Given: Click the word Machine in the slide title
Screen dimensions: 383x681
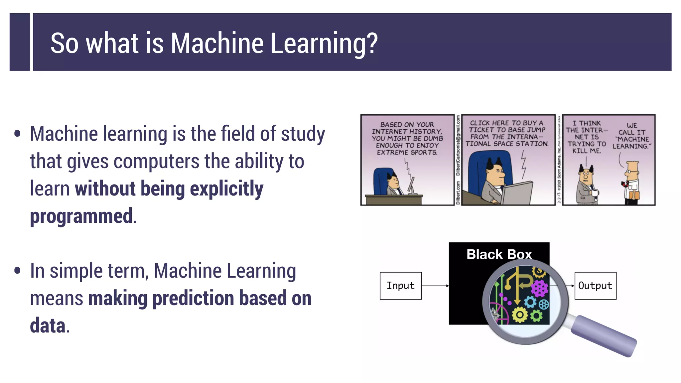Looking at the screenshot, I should (217, 43).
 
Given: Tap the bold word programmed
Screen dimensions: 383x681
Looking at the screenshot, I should (81, 216).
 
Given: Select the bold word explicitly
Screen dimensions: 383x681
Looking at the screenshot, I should (226, 189).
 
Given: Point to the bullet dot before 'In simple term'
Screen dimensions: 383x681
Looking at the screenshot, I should (17, 270).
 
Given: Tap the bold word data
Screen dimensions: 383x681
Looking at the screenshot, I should (48, 325).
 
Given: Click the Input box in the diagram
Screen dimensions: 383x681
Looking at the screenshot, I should (400, 286).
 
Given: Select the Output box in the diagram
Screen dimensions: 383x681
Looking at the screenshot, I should (595, 286).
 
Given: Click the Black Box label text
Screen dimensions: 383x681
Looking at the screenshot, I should (499, 254).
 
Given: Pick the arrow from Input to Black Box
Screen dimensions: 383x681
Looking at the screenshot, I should (435, 286).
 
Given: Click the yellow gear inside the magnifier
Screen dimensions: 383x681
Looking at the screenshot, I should (520, 315).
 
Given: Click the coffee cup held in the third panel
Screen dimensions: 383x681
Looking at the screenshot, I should (595, 192).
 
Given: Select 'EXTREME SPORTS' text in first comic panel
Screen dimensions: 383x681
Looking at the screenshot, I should (407, 152).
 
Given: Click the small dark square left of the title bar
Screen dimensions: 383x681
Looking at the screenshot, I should (20, 42).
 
